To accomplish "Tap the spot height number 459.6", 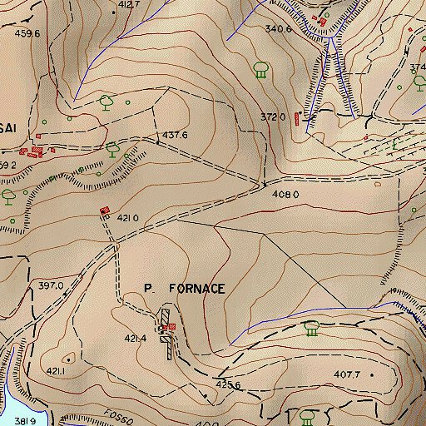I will click(x=27, y=34).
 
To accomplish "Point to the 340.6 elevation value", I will click(x=278, y=29).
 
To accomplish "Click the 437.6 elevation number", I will click(x=174, y=135).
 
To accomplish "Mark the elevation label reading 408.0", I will click(x=285, y=194).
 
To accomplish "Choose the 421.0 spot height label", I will click(x=126, y=218).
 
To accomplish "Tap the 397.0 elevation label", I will click(x=50, y=285).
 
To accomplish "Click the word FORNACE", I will click(x=196, y=289).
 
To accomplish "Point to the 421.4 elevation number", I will click(x=136, y=339).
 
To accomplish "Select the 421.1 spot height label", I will click(x=56, y=370).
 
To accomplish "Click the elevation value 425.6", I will click(x=228, y=385).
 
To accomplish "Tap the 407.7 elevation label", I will click(x=346, y=374).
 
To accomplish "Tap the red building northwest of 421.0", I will click(x=104, y=211).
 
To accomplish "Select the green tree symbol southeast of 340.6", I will click(x=260, y=70).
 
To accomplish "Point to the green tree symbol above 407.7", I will click(x=312, y=329).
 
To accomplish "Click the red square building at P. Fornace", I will click(x=171, y=327).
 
